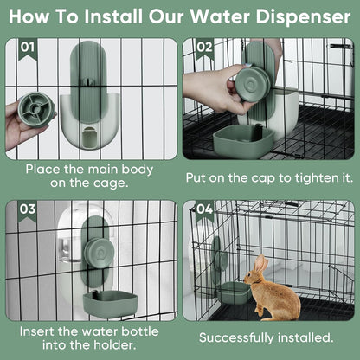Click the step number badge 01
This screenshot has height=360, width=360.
coord(28,48)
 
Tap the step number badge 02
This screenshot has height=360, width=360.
coord(204,48)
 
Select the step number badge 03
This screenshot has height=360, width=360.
coord(28,209)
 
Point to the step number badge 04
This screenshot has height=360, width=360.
coord(204,209)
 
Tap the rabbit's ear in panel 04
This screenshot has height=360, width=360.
coord(260,264)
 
